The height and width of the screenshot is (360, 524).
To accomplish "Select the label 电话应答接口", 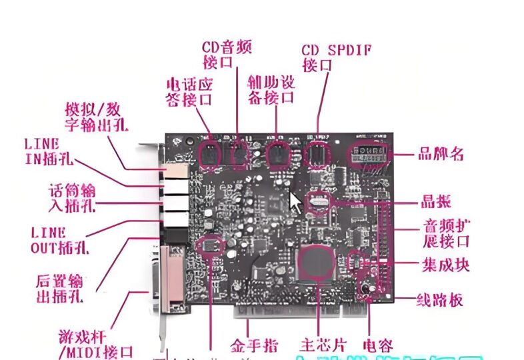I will pyautogui.click(x=189, y=92).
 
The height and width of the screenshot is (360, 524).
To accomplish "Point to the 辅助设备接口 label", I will pyautogui.click(x=271, y=89).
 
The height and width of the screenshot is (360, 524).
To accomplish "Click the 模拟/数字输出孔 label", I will pyautogui.click(x=97, y=116).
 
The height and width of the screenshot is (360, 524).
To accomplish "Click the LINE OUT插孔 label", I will pyautogui.click(x=60, y=240).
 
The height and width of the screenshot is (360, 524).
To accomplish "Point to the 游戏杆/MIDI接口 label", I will pyautogui.click(x=95, y=345).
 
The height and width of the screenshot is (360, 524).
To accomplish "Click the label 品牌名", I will pyautogui.click(x=440, y=154).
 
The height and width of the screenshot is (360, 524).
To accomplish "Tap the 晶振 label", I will pyautogui.click(x=437, y=201).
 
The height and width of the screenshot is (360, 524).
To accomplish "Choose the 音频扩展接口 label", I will pyautogui.click(x=446, y=232).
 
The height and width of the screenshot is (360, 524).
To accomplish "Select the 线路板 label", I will pyautogui.click(x=439, y=300).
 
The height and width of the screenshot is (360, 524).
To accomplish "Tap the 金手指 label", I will pyautogui.click(x=254, y=345).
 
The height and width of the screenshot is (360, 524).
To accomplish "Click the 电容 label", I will pyautogui.click(x=377, y=345).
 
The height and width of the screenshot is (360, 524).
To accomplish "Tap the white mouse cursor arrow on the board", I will pyautogui.click(x=294, y=200).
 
